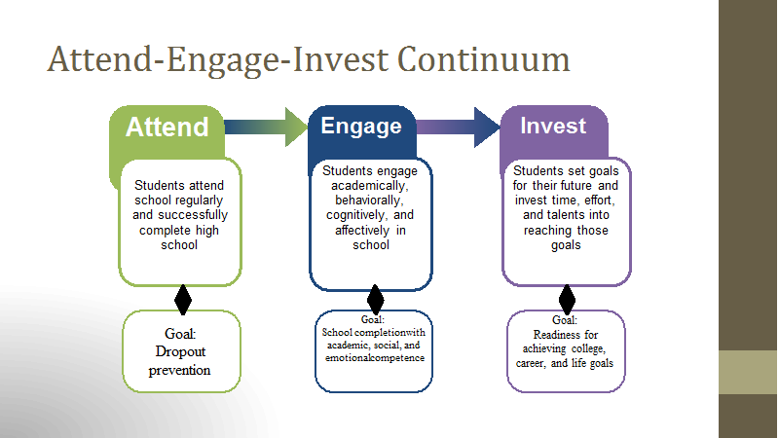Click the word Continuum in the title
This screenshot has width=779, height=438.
[483, 59]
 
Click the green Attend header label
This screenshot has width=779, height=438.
[167, 128]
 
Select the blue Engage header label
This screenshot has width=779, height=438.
[361, 127]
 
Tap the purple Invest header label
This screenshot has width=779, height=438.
[553, 126]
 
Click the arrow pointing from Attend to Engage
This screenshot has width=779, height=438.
[266, 128]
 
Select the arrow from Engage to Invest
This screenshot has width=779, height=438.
[458, 128]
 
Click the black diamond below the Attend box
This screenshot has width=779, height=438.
[183, 300]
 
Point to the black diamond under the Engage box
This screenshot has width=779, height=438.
[375, 300]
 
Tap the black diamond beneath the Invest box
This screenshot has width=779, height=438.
[567, 300]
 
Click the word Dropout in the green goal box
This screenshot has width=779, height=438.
[180, 351]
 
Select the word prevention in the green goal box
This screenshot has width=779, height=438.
[179, 371]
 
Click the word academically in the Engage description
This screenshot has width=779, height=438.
[370, 186]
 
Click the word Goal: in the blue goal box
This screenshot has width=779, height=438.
[373, 320]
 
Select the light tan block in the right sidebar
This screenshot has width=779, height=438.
[748, 373]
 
